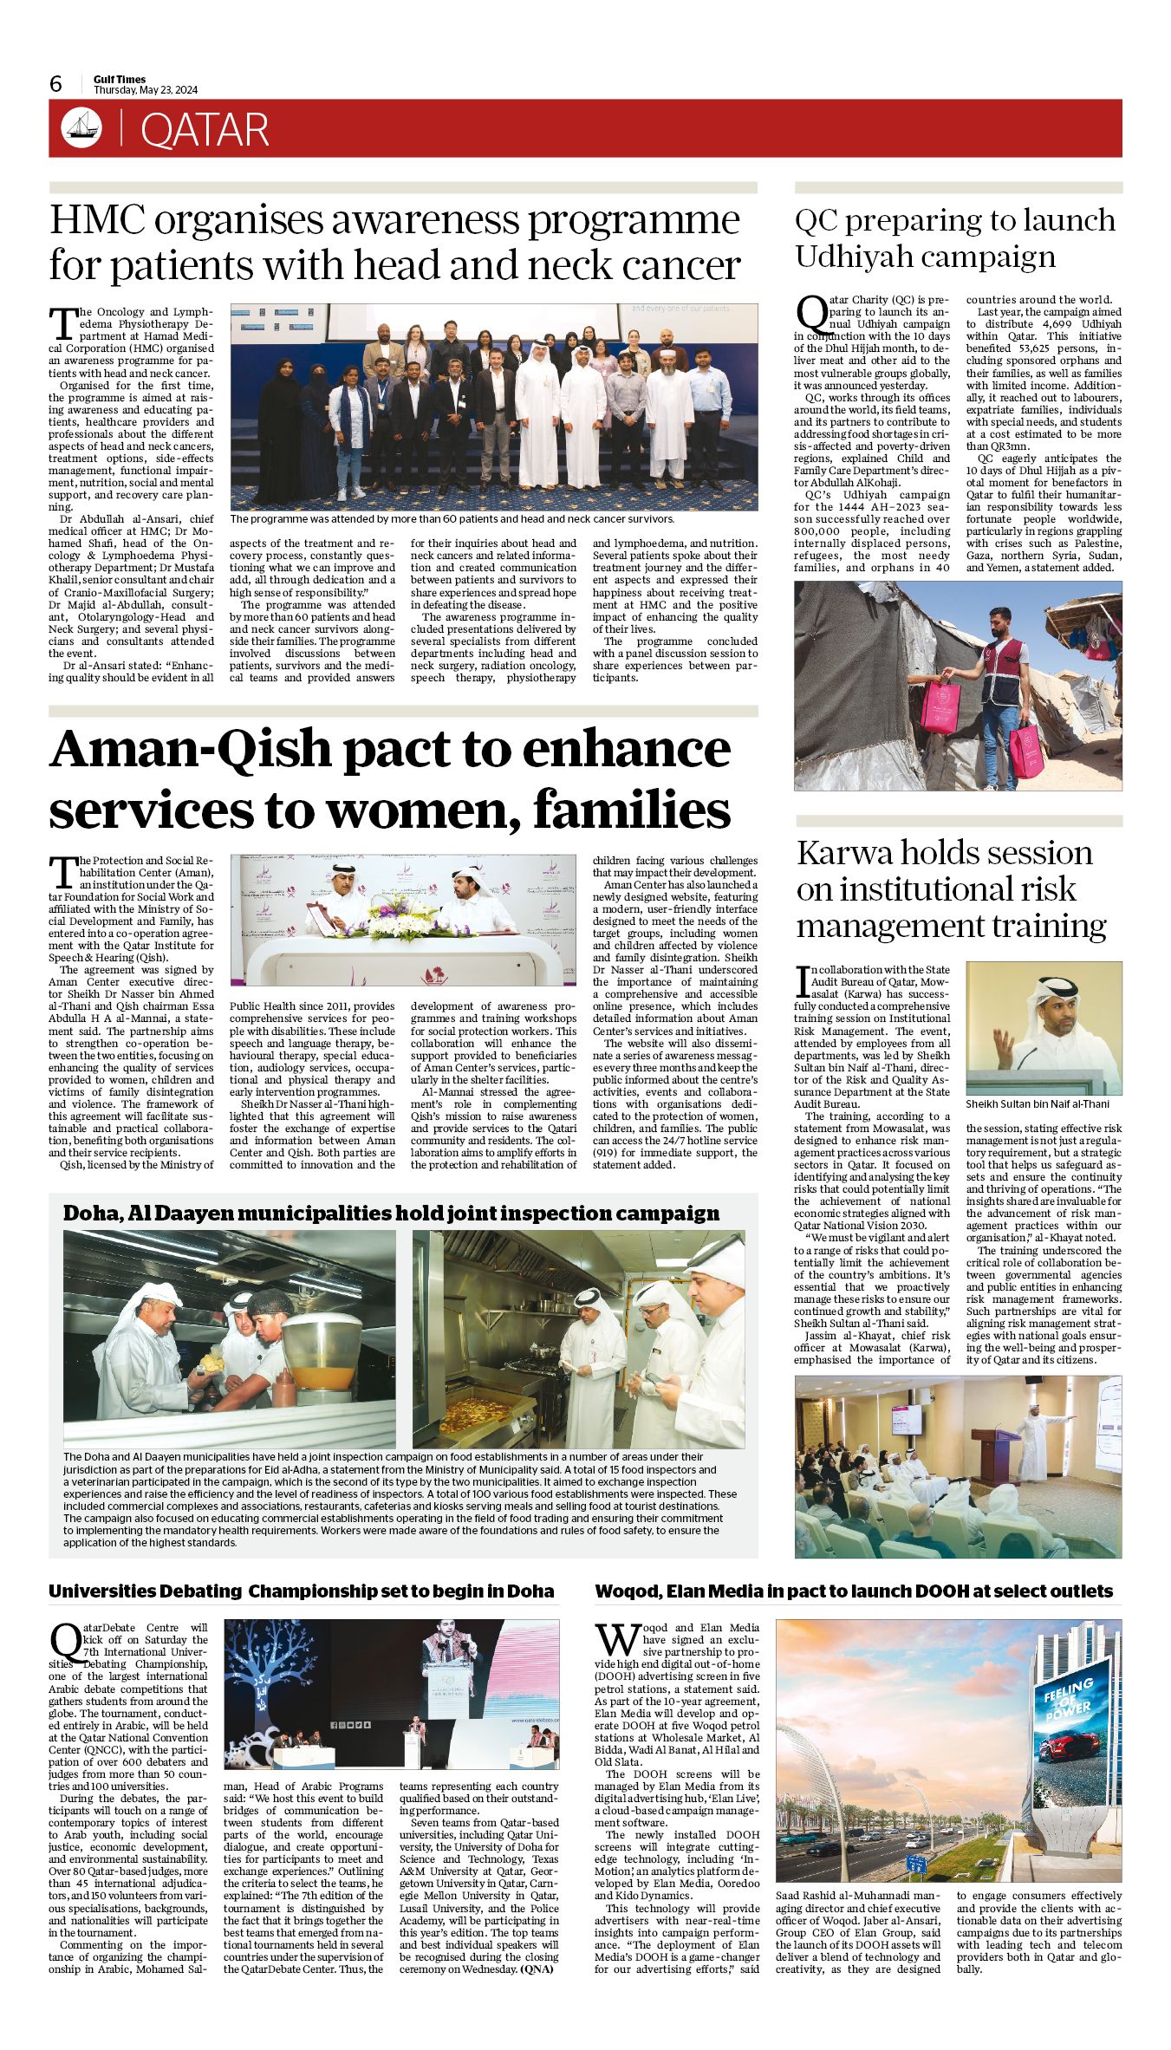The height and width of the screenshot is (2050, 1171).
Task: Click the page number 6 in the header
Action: (56, 83)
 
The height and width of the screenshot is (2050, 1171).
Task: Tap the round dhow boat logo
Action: (81, 128)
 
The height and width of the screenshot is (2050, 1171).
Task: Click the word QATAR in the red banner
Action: (205, 130)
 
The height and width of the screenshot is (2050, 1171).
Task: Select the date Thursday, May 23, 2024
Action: (146, 90)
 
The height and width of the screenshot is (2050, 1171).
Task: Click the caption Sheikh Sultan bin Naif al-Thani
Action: (1038, 1103)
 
